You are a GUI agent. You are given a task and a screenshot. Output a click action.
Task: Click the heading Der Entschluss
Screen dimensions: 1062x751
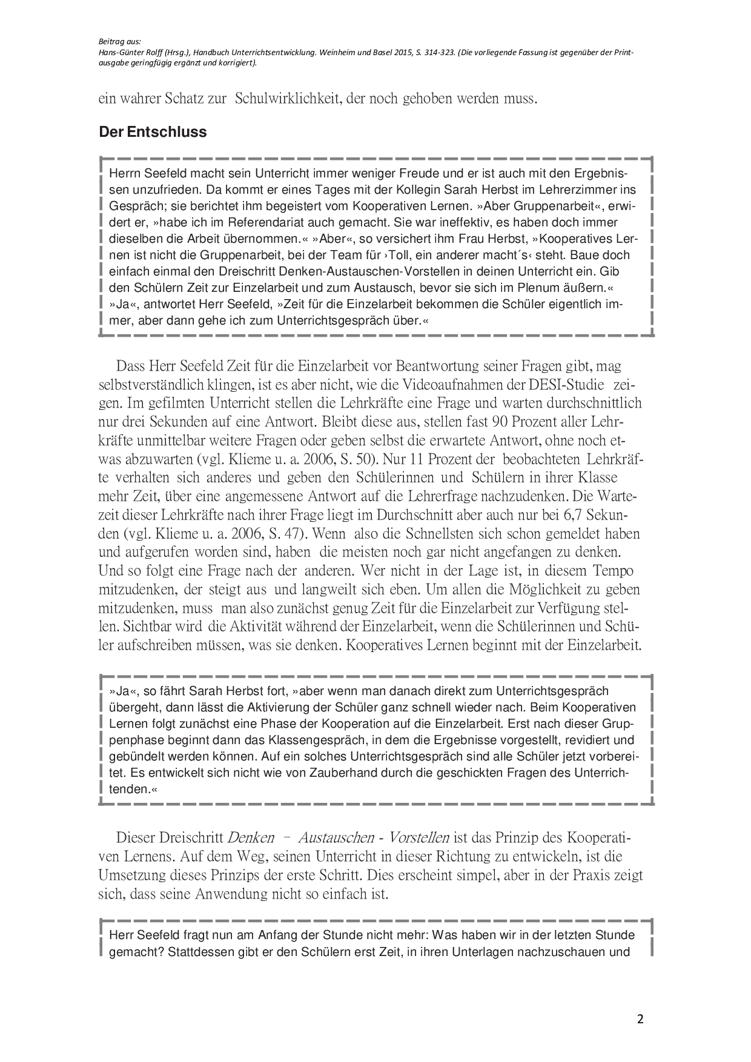pyautogui.click(x=153, y=132)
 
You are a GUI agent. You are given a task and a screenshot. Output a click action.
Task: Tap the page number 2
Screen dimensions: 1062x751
pyautogui.click(x=640, y=1018)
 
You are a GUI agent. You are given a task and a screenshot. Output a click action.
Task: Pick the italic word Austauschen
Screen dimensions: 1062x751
pyautogui.click(x=336, y=838)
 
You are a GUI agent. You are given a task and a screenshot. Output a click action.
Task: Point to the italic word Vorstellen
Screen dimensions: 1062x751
pyautogui.click(x=419, y=838)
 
